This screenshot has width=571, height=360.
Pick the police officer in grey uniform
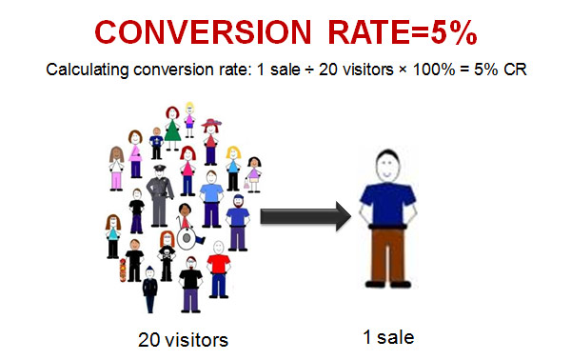coord(163,194)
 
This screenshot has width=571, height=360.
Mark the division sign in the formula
coord(328,70)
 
